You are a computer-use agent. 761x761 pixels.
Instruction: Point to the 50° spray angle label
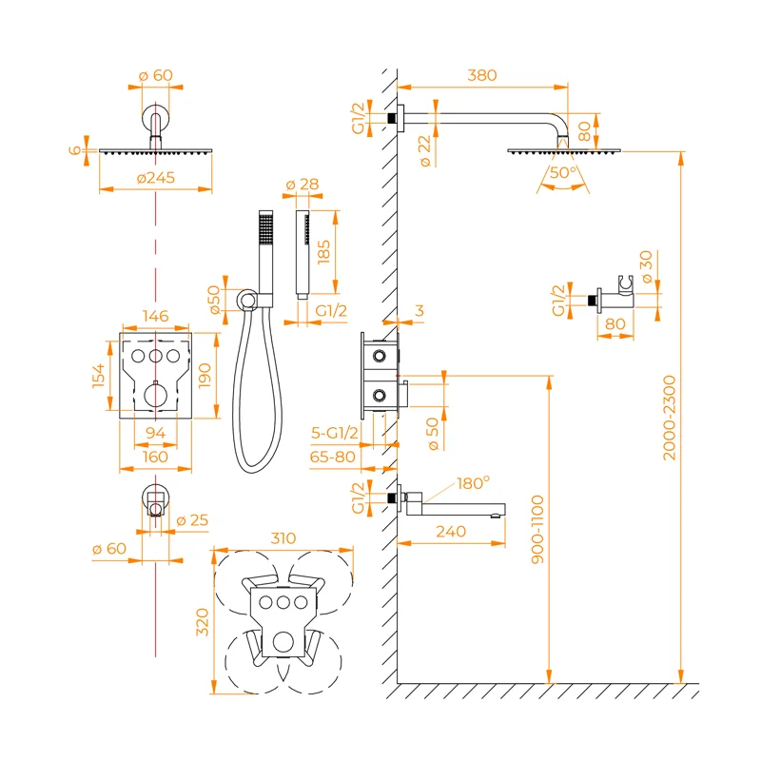pos(562,172)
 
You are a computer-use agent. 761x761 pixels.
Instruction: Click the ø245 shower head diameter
pos(155,178)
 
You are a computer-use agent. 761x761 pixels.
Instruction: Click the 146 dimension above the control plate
pos(154,316)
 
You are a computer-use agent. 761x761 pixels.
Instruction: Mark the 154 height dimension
pos(99,374)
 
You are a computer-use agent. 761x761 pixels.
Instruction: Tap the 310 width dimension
pos(283,538)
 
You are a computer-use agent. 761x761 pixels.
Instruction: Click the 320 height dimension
pos(202,623)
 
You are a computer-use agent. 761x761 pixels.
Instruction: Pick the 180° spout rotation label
pos(473,482)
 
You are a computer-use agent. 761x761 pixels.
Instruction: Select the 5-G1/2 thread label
pos(335,433)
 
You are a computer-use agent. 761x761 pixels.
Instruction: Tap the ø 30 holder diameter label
pos(648,267)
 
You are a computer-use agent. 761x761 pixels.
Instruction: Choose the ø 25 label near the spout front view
pos(196,519)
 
